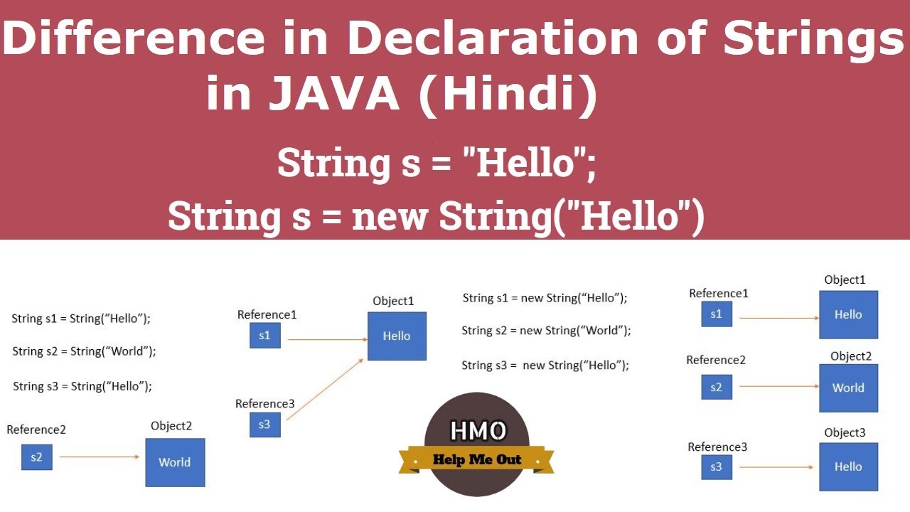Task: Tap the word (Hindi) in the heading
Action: coord(508,95)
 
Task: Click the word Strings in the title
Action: coord(813,39)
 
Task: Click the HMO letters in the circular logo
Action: coord(478,431)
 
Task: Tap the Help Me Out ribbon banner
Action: coord(477,459)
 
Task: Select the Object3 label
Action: coord(845,432)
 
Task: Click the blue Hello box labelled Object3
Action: coord(848,466)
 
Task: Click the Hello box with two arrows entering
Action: coord(397,336)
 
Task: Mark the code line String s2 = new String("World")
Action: coord(546,331)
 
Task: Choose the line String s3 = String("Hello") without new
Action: coord(82,386)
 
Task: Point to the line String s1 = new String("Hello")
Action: coord(545,298)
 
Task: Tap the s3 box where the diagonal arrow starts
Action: coord(264,425)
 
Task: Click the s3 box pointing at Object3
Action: coord(716,466)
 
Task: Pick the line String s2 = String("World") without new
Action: coord(84,351)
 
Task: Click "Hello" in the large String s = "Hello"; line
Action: coord(525,164)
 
